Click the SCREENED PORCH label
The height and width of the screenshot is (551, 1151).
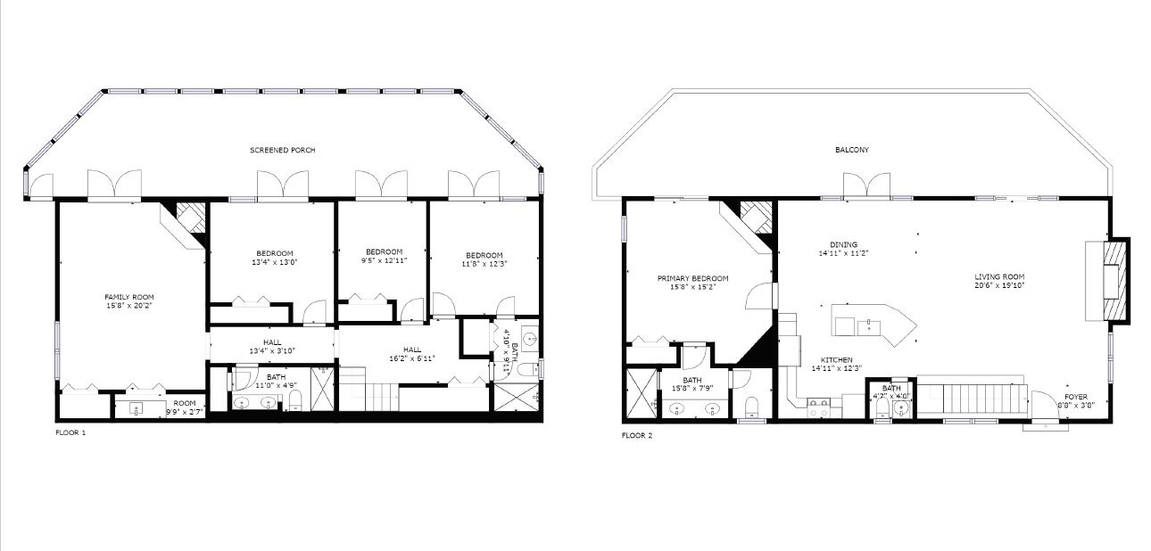(282, 150)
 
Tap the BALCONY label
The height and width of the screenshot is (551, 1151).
(851, 150)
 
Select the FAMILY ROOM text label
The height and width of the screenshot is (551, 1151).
(129, 296)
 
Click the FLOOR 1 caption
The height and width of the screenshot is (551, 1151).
(70, 432)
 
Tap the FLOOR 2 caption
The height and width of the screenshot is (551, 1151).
(637, 436)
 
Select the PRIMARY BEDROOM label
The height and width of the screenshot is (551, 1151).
(692, 278)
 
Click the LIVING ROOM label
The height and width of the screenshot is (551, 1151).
(999, 276)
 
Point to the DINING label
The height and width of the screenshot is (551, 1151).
(843, 244)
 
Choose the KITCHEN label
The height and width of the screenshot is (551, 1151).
(837, 359)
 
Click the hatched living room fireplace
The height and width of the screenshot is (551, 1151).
(1110, 280)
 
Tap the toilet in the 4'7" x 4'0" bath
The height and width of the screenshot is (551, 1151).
(881, 408)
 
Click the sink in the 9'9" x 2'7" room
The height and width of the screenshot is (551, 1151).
(137, 409)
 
